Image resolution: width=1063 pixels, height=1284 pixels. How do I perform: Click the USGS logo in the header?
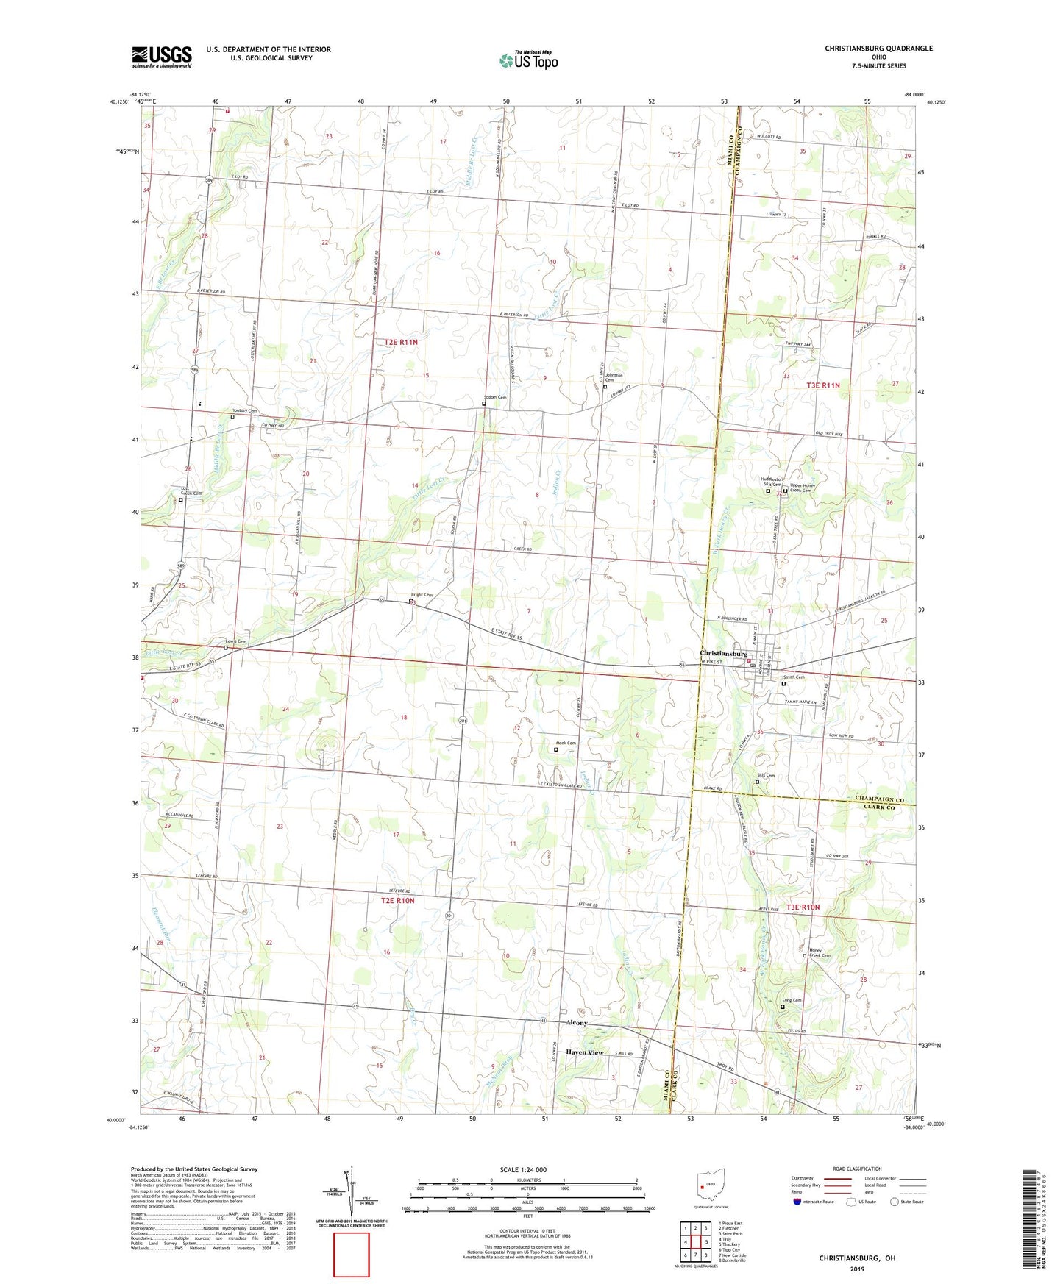pos(162,57)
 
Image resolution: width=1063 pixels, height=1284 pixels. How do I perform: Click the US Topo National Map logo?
pos(527,60)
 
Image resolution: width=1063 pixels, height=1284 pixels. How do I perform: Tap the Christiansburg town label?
pos(723,653)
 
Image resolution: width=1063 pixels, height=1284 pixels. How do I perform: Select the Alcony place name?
pos(576,1023)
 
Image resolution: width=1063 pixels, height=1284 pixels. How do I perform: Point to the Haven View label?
pos(584,1052)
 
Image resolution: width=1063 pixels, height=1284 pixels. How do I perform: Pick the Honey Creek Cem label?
pos(820,953)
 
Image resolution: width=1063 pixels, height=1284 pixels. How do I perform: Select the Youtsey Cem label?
pos(244,410)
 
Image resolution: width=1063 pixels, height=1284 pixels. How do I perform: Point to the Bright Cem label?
pos(421,595)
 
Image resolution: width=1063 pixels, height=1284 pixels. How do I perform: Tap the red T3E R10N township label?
pos(803,907)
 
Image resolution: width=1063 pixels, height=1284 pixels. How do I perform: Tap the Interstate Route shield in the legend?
pos(797,1202)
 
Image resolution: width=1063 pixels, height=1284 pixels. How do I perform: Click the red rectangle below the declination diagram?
pos(352,1255)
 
